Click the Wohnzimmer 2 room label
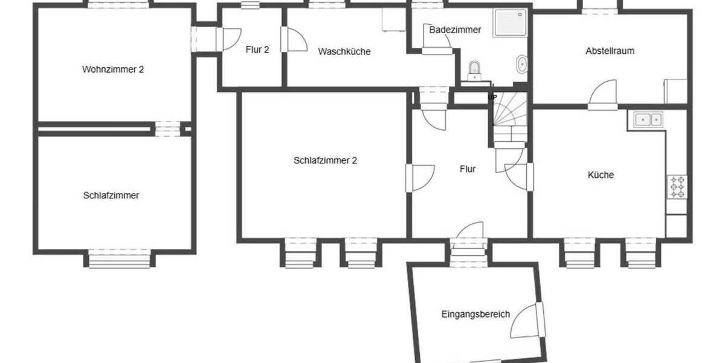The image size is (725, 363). tap(113, 69)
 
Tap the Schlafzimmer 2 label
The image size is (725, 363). tap(326, 160)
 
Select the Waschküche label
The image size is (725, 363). tap(344, 51)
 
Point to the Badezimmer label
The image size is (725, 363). tap(455, 29)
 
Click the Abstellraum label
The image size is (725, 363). tap(610, 51)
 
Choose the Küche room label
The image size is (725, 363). tap(601, 175)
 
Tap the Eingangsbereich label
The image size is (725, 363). tap(475, 314)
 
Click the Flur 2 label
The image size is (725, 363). tap(257, 50)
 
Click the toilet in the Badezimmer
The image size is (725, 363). tap(475, 69)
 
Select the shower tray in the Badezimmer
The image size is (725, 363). tap(511, 23)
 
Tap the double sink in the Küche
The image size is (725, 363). tap(648, 119)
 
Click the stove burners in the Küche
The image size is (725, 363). tap(677, 187)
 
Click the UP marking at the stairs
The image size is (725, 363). tap(492, 97)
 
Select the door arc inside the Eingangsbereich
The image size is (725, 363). tap(524, 321)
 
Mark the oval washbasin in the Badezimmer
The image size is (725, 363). tap(521, 64)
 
